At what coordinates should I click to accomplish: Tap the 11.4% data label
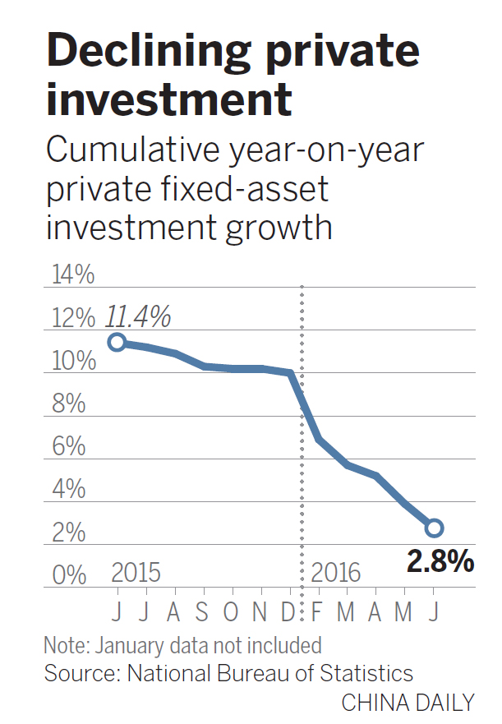(137, 315)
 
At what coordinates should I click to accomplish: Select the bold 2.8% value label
(440, 563)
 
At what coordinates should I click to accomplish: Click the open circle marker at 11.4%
(117, 342)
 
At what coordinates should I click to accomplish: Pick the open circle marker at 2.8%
(434, 528)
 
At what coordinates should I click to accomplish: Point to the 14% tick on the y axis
(73, 275)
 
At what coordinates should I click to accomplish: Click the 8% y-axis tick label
(70, 404)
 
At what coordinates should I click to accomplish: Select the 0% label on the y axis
(70, 574)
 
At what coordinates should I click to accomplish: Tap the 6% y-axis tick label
(70, 446)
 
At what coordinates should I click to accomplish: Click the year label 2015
(136, 572)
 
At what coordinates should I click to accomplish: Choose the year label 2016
(336, 572)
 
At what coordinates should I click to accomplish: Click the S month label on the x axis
(204, 612)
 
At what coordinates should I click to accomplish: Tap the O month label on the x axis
(233, 612)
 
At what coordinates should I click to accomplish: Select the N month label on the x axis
(261, 612)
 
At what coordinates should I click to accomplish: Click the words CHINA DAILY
(408, 703)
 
